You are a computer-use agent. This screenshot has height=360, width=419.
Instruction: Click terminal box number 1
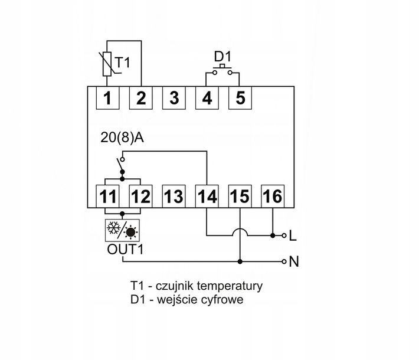click(x=107, y=98)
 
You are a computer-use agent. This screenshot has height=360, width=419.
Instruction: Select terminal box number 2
click(x=140, y=98)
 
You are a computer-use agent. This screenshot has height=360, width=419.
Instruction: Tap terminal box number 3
click(x=174, y=98)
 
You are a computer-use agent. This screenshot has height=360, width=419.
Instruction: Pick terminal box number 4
click(x=207, y=98)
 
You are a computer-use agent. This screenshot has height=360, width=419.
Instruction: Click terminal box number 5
click(x=240, y=98)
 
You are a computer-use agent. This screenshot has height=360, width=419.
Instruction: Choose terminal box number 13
click(x=173, y=195)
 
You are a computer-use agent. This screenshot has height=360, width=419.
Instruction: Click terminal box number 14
click(x=206, y=195)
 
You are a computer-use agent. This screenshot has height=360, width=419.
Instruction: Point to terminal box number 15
click(x=239, y=195)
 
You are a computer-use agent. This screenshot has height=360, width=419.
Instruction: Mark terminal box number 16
click(x=272, y=195)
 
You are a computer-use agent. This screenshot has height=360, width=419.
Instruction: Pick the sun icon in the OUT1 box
click(x=131, y=230)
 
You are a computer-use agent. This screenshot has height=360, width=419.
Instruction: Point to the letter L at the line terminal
click(x=292, y=236)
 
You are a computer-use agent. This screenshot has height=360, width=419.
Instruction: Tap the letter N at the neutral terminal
click(x=293, y=261)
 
